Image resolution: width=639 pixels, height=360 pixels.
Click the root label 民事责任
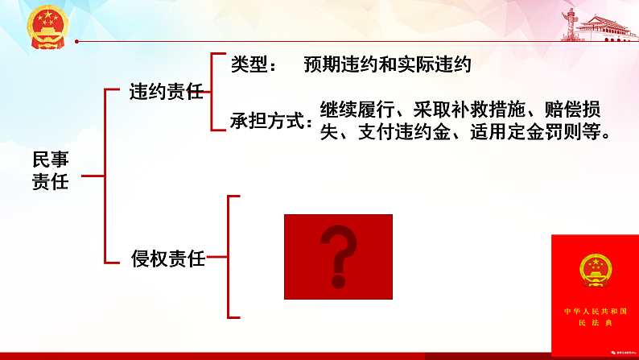[x=50, y=171]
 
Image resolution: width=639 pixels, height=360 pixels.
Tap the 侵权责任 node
[x=168, y=259]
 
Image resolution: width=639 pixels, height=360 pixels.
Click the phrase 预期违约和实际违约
[x=387, y=64]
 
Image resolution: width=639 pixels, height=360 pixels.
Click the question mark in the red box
[x=338, y=257]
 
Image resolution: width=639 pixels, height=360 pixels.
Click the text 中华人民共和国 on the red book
[x=595, y=311]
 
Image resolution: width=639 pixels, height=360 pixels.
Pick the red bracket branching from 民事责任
[x=105, y=175]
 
